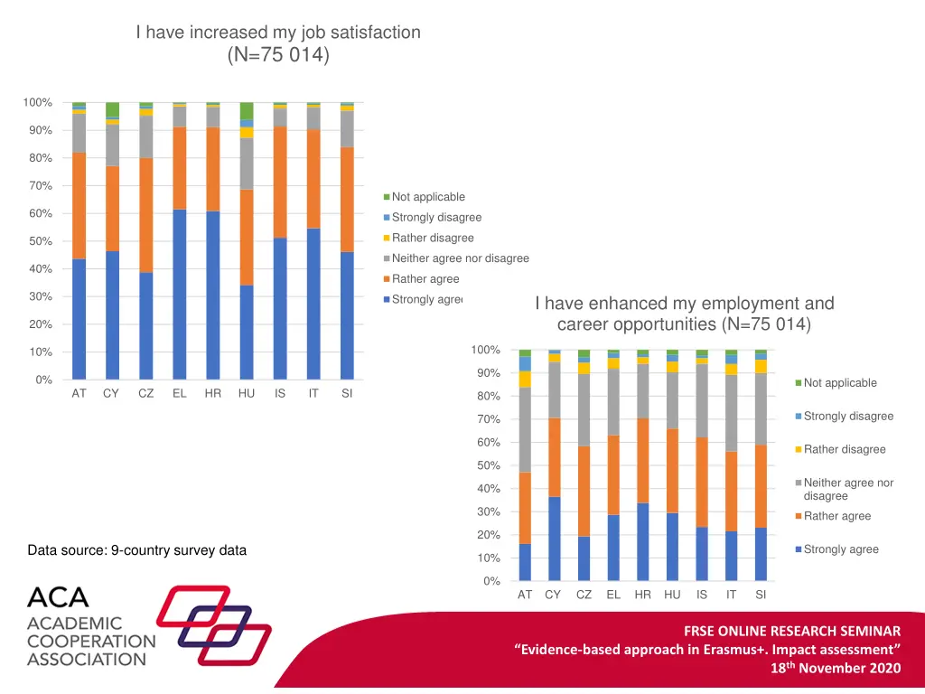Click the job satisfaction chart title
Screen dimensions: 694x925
[278, 43]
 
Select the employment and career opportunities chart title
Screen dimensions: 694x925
[684, 314]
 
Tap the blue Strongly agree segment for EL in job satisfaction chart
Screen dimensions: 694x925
[180, 294]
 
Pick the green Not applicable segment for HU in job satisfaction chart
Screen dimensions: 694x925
[247, 110]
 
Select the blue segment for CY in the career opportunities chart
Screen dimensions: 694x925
[554, 539]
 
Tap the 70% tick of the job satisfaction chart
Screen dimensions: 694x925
[38, 186]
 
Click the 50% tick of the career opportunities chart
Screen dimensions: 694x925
[488, 465]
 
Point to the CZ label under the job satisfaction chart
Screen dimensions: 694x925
[146, 394]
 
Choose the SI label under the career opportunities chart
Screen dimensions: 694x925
[761, 595]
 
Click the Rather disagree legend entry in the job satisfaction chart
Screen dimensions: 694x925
[433, 238]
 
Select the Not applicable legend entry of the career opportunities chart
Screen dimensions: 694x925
[840, 383]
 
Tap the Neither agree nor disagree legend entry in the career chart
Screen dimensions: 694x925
[848, 489]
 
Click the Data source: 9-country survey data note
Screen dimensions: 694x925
[136, 550]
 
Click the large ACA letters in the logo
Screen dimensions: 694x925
[58, 598]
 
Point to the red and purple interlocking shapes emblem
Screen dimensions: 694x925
[213, 624]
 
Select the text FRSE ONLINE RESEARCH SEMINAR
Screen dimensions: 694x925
[791, 631]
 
